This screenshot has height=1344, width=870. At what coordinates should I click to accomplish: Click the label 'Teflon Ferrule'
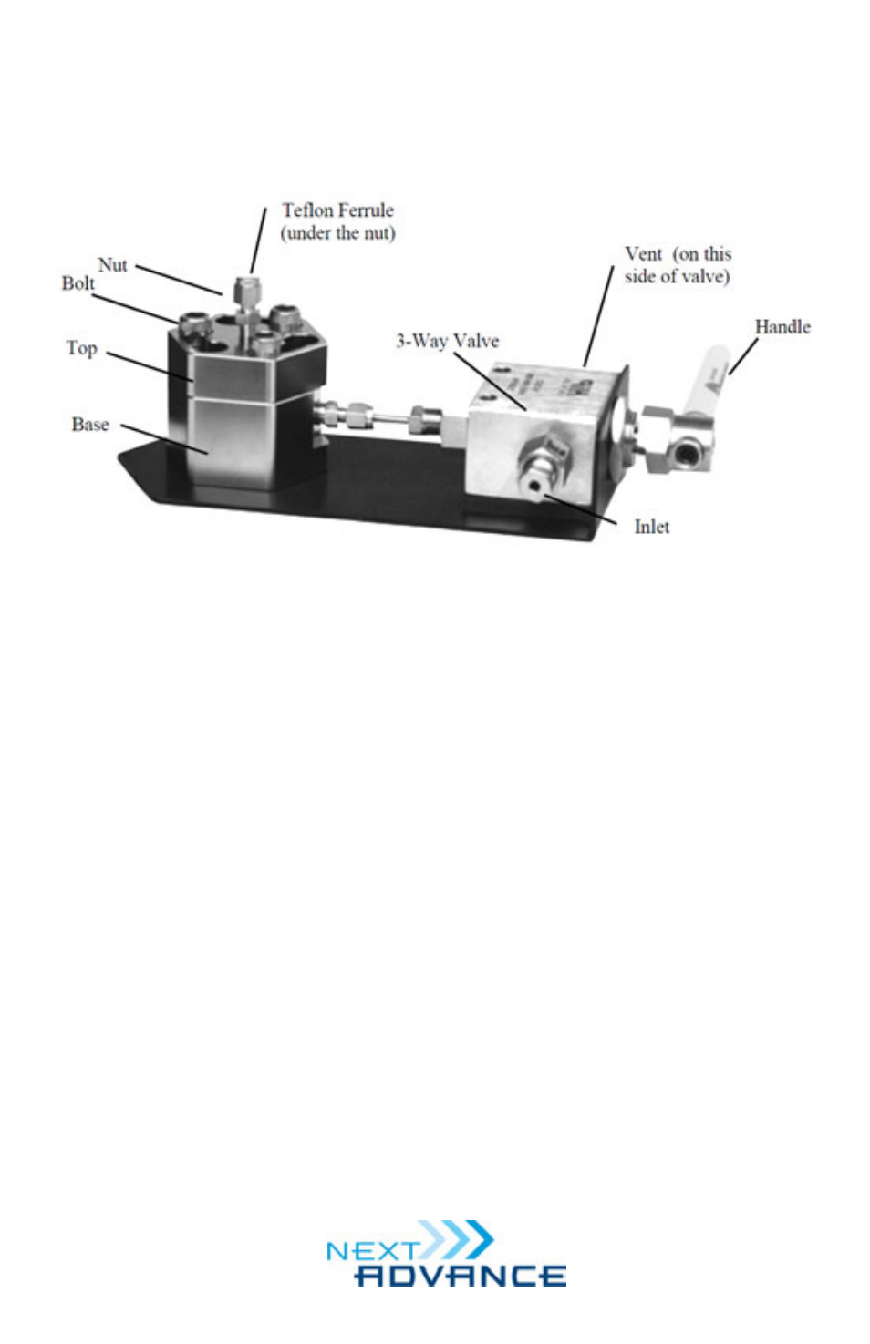pos(337,210)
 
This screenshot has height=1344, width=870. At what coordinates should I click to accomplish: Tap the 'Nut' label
pos(112,265)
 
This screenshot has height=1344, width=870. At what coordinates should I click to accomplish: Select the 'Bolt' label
pos(78,283)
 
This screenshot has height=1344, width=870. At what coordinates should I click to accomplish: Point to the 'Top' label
pos(81,348)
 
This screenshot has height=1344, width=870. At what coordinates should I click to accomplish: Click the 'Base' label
pos(89,425)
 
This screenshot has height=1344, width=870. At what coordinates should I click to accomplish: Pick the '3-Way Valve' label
pos(447,342)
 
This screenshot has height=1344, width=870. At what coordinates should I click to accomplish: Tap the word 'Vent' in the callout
pos(643,254)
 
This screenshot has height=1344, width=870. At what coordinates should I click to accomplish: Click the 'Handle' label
pos(782,327)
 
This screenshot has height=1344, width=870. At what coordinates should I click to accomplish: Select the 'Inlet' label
pos(651,527)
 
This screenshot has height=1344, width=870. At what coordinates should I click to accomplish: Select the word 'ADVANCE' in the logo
pos(460,1275)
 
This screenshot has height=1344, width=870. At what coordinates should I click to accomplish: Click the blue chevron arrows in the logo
pos(461,1240)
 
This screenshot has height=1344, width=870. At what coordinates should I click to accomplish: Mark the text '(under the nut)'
pos(337,233)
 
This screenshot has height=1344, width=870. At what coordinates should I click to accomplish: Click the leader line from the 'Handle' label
pos(742,356)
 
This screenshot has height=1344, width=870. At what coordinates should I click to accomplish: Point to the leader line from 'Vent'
pos(598,316)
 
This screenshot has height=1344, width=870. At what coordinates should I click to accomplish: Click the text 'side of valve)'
pos(677,276)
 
